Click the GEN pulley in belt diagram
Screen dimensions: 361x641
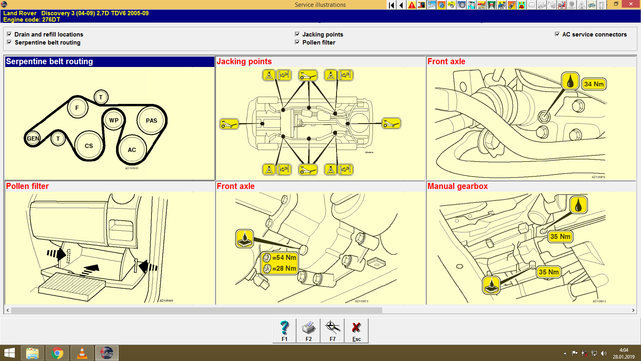(33, 139)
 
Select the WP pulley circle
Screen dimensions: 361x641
(114, 120)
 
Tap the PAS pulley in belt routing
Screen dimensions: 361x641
(151, 120)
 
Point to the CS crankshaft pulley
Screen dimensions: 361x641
(89, 146)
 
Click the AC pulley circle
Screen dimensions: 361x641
(132, 150)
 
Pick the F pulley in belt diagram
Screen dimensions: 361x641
(77, 107)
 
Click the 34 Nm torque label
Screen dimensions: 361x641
(594, 84)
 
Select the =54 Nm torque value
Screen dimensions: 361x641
(284, 258)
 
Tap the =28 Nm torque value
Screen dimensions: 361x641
(284, 268)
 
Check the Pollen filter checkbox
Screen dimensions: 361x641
(297, 42)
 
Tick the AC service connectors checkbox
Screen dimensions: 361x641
(557, 34)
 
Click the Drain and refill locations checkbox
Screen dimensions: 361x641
(9, 34)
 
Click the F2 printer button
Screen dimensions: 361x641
(308, 331)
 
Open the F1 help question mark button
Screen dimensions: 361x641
(284, 331)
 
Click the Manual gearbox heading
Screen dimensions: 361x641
(458, 186)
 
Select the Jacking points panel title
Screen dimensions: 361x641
(244, 61)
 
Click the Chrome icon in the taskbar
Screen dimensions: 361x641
(57, 353)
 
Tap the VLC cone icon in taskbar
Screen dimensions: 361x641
(82, 353)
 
